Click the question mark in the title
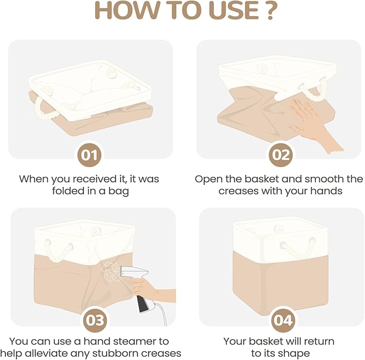pos(270,11)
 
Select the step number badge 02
pos(281,155)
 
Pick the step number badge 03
pos(95,320)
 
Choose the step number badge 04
pos(283,320)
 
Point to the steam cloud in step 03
pos(111,272)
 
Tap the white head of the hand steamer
pos(134,272)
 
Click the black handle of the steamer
pos(142,304)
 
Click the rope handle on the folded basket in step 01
pos(44,110)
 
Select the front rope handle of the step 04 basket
pos(298,248)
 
